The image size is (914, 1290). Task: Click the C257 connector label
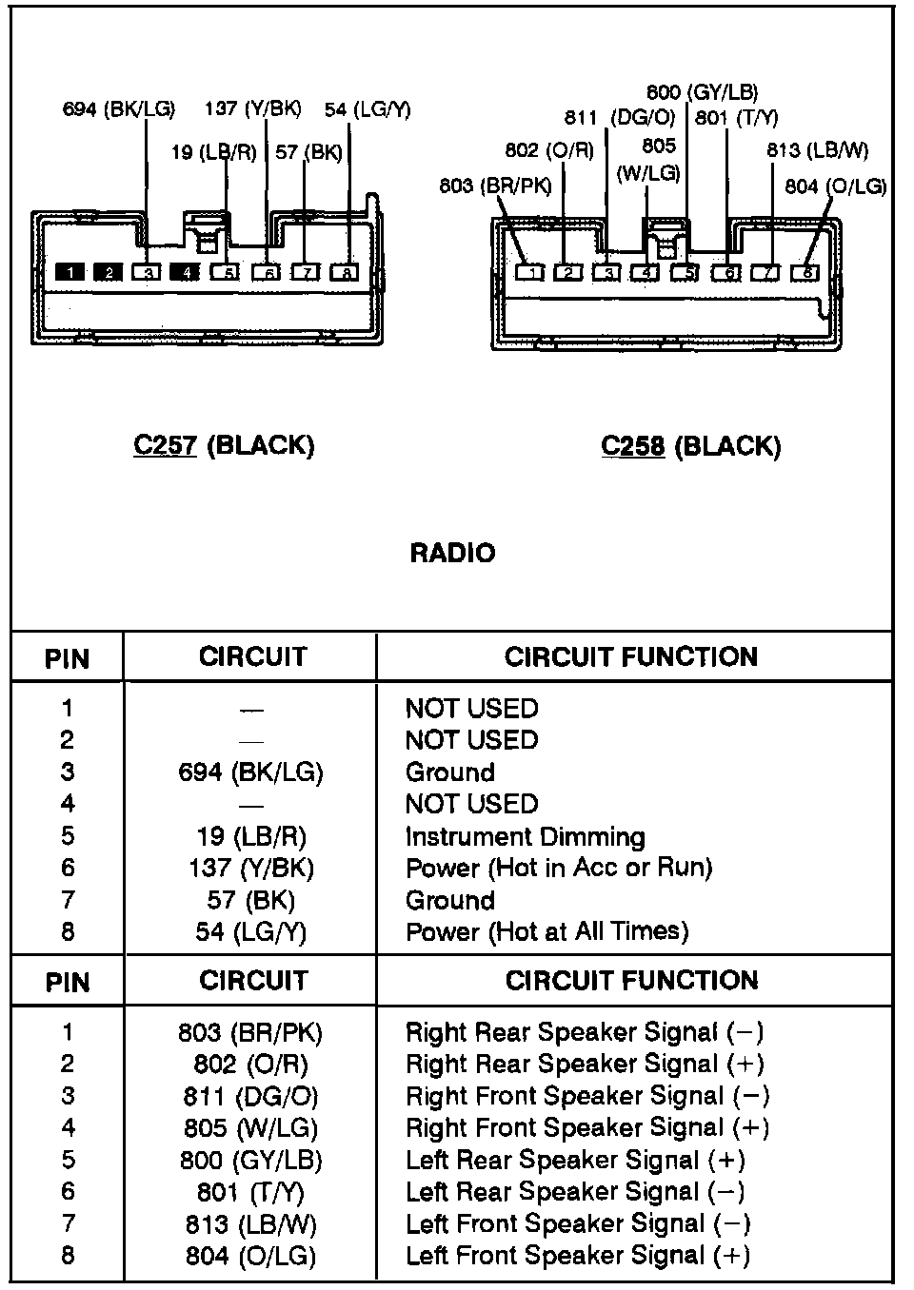pos(224,445)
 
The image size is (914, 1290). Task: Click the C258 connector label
pos(690,446)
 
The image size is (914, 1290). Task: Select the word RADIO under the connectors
pos(452,554)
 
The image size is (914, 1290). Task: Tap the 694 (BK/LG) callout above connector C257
pos(119,109)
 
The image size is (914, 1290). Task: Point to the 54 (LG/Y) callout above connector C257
pos(368,109)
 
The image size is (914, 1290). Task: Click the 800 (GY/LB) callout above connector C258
pos(702,92)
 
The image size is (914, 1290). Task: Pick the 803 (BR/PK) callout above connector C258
pos(495,186)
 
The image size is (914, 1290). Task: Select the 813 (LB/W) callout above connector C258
pos(817,150)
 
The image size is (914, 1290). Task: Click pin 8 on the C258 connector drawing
pos(805,273)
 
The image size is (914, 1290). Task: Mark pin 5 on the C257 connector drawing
pos(225,273)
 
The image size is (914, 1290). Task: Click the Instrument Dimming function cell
pos(525,837)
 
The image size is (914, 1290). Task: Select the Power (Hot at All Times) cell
pos(546,930)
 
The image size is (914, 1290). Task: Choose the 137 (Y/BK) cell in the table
pos(251,868)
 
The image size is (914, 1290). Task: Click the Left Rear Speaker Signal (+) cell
pos(575,1161)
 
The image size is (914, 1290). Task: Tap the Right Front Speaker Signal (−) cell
pos(587,1096)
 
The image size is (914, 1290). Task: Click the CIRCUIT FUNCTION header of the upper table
pos(631,656)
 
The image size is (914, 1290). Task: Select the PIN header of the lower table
pos(67,982)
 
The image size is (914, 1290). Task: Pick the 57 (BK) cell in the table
pos(251,900)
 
